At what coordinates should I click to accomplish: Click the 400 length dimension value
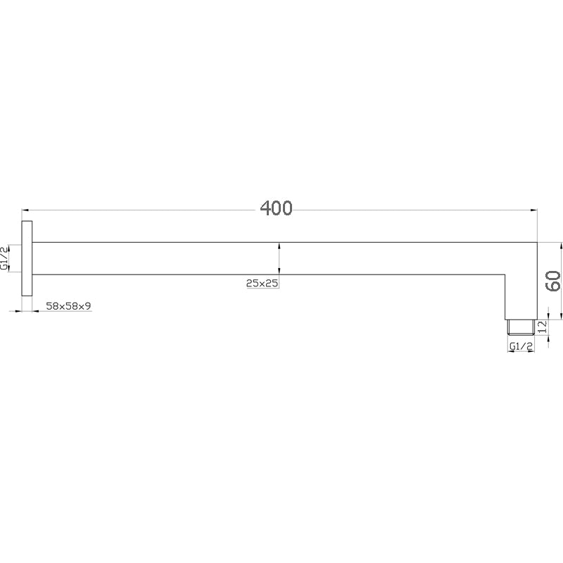(x=276, y=208)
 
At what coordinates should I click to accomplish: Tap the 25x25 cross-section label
(x=262, y=284)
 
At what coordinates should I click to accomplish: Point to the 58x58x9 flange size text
(x=68, y=306)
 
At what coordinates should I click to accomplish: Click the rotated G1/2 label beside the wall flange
(x=5, y=258)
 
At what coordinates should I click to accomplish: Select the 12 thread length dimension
(x=543, y=327)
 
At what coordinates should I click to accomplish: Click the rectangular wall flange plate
(x=27, y=258)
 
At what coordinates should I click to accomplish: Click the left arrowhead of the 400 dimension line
(x=25, y=210)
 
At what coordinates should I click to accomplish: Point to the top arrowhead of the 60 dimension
(x=561, y=246)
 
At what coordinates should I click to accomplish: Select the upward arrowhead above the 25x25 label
(x=280, y=246)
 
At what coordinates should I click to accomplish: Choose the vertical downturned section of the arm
(x=521, y=296)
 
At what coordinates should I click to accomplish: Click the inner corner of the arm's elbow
(x=505, y=274)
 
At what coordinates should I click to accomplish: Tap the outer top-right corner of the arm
(x=537, y=243)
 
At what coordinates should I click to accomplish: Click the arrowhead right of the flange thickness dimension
(x=36, y=310)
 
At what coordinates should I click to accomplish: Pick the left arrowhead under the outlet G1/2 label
(x=509, y=352)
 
